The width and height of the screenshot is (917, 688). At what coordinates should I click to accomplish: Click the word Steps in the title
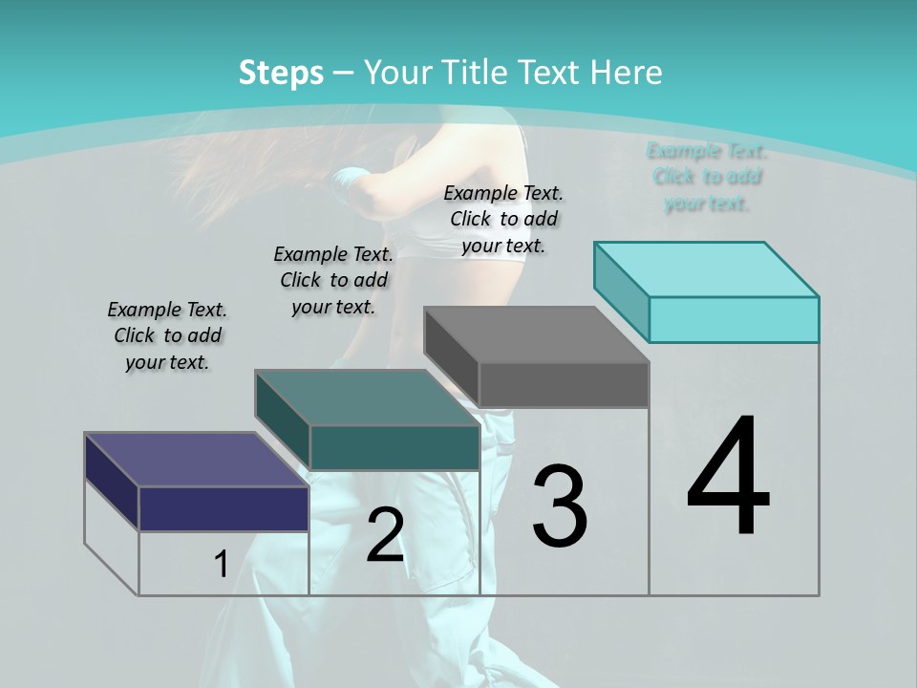click(x=281, y=73)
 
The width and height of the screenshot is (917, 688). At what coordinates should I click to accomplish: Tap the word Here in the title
click(x=629, y=73)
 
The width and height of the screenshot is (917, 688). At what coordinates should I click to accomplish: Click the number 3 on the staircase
click(x=560, y=506)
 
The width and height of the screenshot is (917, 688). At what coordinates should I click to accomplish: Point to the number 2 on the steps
click(x=385, y=535)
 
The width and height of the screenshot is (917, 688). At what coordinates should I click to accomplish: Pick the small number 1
click(x=221, y=565)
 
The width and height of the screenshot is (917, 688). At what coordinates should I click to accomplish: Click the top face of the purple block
click(x=196, y=460)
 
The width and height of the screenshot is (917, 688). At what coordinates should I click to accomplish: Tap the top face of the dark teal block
click(x=367, y=398)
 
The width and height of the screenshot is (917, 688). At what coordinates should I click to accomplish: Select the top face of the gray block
click(x=536, y=334)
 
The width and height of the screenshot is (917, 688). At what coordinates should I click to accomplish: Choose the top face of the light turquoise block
click(x=707, y=269)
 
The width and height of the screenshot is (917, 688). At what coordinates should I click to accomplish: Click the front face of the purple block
click(x=224, y=508)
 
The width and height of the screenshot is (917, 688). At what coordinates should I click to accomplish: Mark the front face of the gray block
click(x=564, y=385)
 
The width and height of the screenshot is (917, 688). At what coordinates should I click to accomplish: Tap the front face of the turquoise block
click(x=734, y=319)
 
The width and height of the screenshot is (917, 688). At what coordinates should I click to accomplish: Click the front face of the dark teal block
click(x=394, y=448)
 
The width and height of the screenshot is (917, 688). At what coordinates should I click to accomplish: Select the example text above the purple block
click(x=167, y=335)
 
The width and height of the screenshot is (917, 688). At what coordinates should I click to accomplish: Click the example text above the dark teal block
click(x=333, y=280)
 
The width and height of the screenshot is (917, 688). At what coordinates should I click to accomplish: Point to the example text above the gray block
click(x=503, y=219)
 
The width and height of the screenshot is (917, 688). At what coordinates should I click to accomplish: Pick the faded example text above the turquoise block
click(x=707, y=177)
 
